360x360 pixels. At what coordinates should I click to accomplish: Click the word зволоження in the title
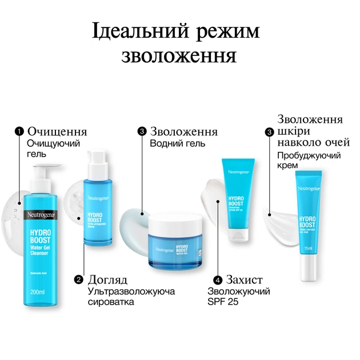click(x=179, y=56)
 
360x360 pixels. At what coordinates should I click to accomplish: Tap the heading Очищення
click(x=57, y=131)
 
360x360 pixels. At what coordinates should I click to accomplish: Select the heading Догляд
click(x=108, y=280)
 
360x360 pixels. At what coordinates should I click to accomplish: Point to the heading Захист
click(x=244, y=280)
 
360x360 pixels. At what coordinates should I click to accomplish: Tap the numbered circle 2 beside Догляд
click(x=79, y=280)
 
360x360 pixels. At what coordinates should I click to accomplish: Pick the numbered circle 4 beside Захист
click(x=218, y=281)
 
